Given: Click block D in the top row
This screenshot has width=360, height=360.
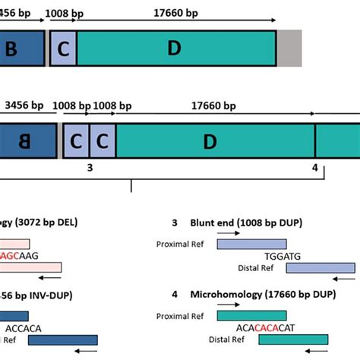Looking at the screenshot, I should point(175,48).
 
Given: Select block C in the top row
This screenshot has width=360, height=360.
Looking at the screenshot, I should point(63,49).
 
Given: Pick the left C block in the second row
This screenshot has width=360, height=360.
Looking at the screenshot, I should point(76,141).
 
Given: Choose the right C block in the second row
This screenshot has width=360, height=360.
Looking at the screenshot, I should point(103,141).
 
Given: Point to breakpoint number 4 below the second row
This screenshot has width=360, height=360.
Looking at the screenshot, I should point(314,167).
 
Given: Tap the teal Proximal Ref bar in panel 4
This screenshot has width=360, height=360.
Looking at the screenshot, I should point(251,314).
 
